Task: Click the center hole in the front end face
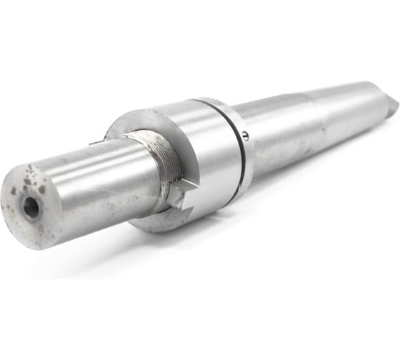pos(31,208)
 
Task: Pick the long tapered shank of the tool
pos(314,121)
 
